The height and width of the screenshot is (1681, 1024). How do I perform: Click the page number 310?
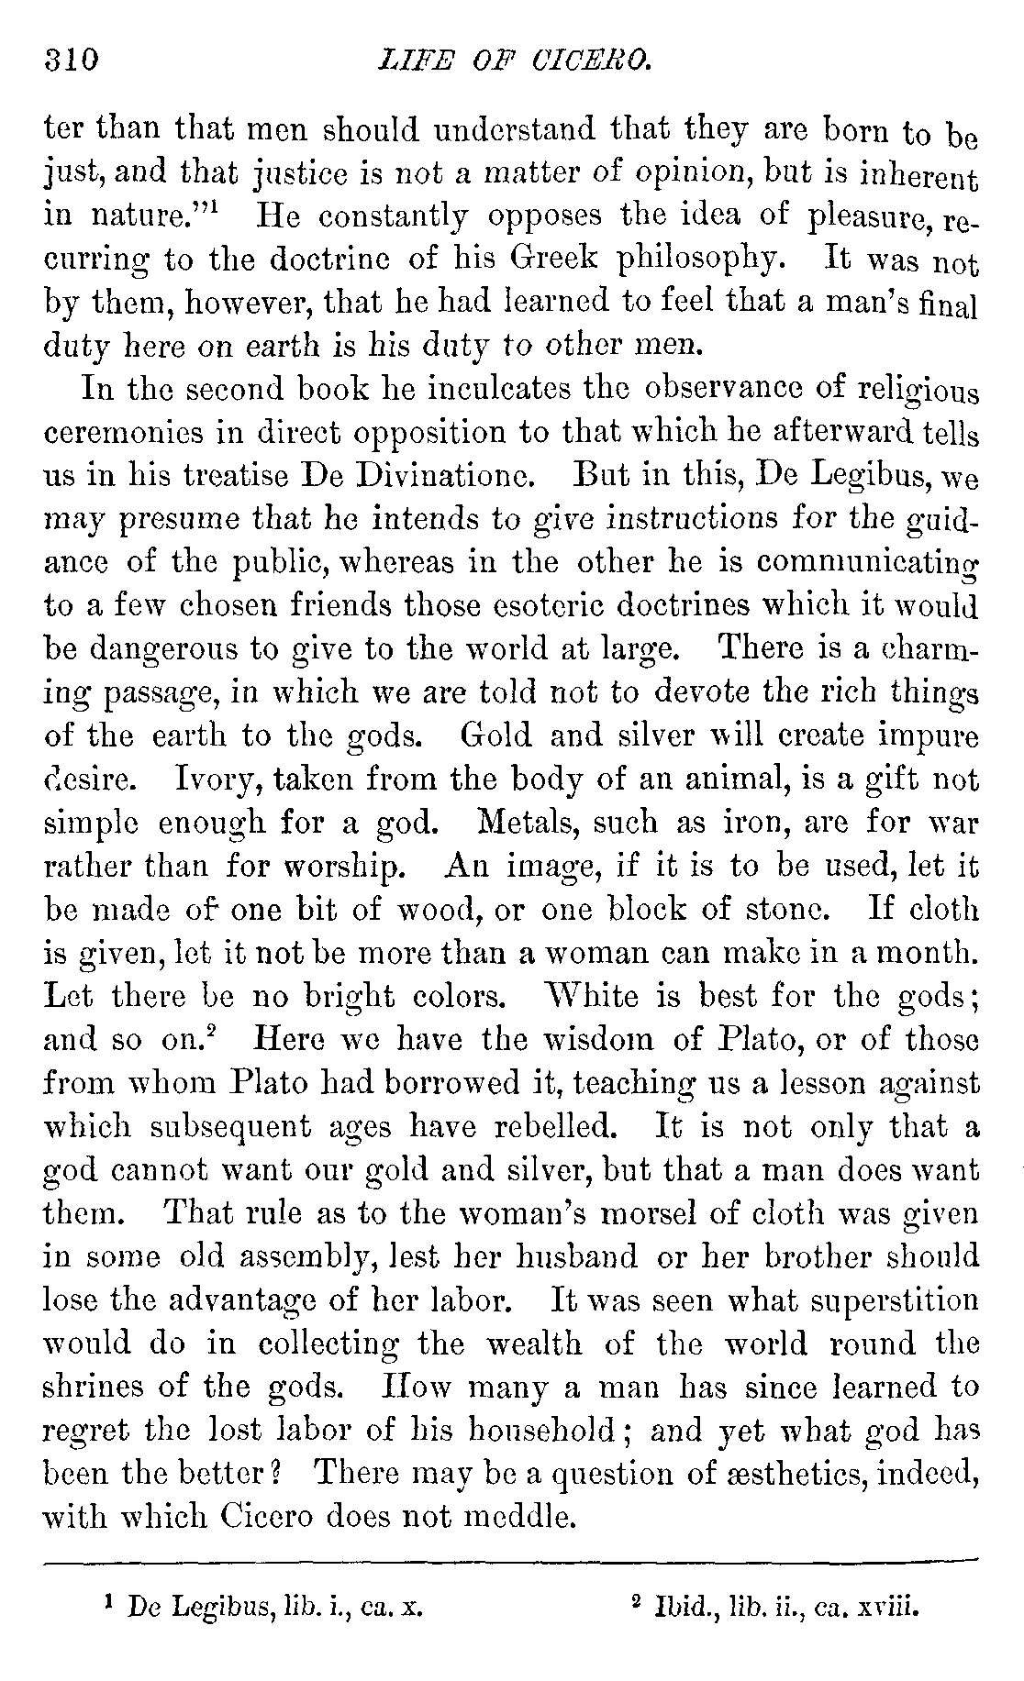[70, 60]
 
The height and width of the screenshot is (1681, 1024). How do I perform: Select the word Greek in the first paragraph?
[553, 260]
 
